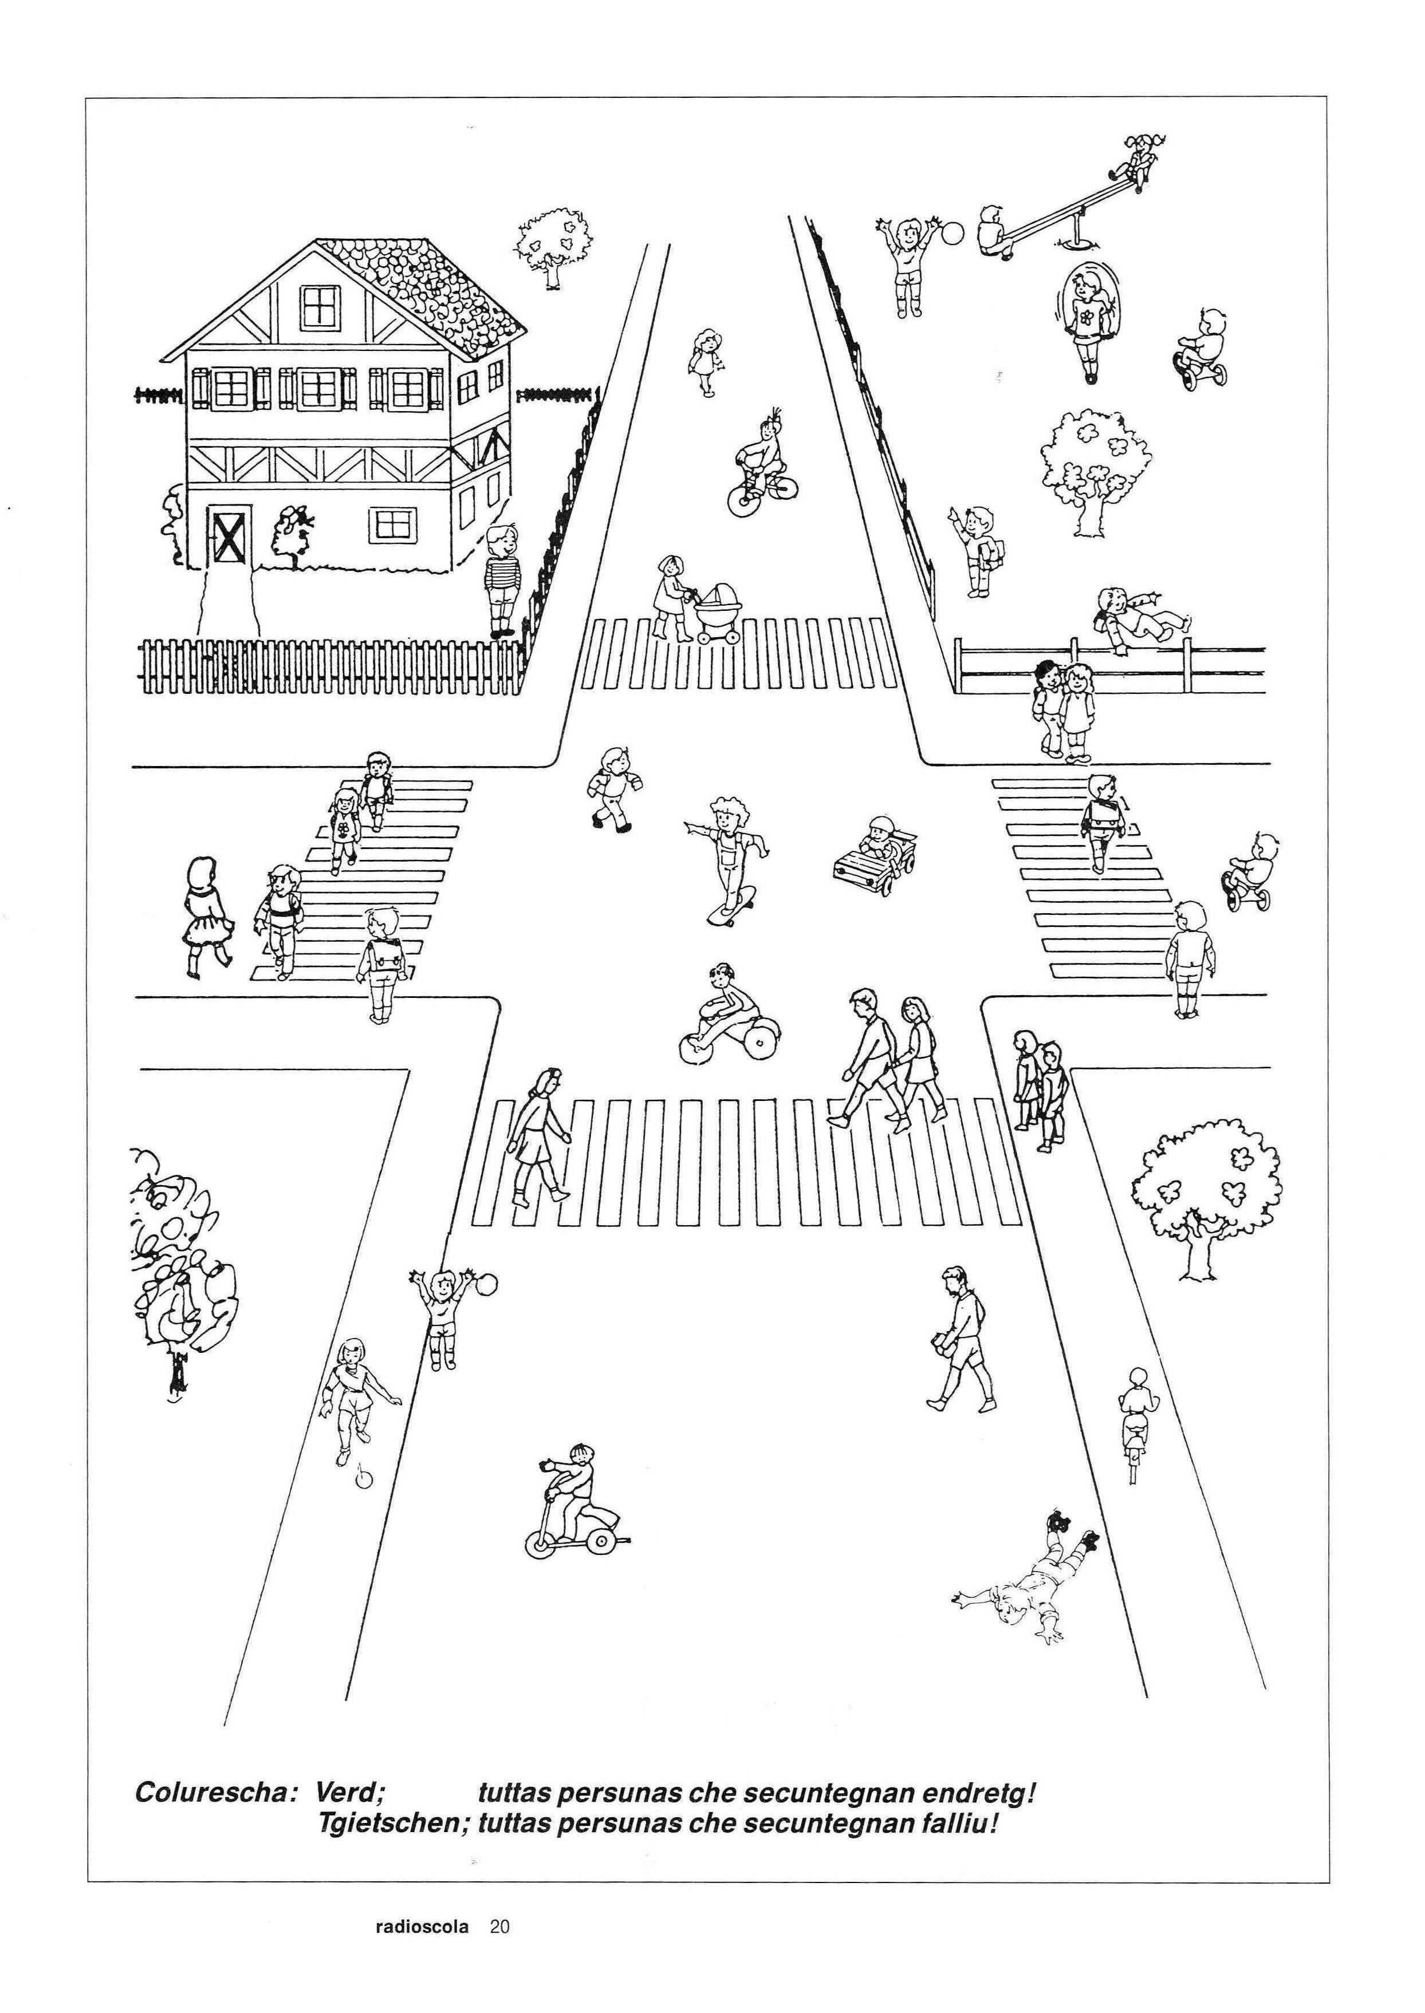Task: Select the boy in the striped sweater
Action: [x=503, y=579]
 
